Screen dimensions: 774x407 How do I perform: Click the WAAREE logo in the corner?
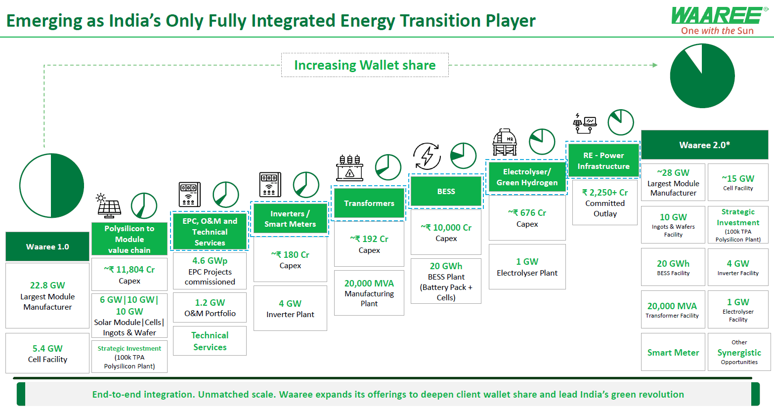pyautogui.click(x=718, y=21)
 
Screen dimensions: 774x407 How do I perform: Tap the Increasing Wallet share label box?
pyautogui.click(x=365, y=65)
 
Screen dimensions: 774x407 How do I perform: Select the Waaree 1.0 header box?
pyautogui.click(x=47, y=246)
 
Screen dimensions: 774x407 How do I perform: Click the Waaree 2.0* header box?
pyautogui.click(x=704, y=145)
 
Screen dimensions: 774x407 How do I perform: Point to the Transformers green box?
pyautogui.click(x=369, y=203)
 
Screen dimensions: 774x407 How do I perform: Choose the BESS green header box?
pyautogui.click(x=446, y=191)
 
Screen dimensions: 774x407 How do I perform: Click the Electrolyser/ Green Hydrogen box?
pyautogui.click(x=527, y=177)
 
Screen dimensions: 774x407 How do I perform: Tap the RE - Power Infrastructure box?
pyautogui.click(x=603, y=161)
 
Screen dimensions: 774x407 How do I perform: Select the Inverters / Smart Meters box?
pyautogui.click(x=290, y=219)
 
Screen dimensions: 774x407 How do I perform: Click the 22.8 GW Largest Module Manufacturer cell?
pyautogui.click(x=47, y=296)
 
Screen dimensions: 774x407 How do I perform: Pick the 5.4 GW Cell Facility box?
pyautogui.click(x=47, y=353)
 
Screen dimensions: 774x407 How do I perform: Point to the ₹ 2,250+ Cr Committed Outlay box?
pyautogui.click(x=604, y=203)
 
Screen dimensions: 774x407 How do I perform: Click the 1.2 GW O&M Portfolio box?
pyautogui.click(x=210, y=308)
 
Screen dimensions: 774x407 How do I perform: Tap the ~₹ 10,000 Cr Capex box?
pyautogui.click(x=446, y=232)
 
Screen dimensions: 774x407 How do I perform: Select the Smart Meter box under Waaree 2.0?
pyautogui.click(x=673, y=352)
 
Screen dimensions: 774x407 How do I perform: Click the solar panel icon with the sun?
pyautogui.click(x=109, y=206)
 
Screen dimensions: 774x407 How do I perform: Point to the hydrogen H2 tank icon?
pyautogui.click(x=505, y=142)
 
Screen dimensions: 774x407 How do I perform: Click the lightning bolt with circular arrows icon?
pyautogui.click(x=427, y=156)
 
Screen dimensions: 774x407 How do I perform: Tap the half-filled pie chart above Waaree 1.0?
pyautogui.click(x=51, y=186)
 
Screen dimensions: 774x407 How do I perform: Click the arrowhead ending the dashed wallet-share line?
pyautogui.click(x=655, y=65)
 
